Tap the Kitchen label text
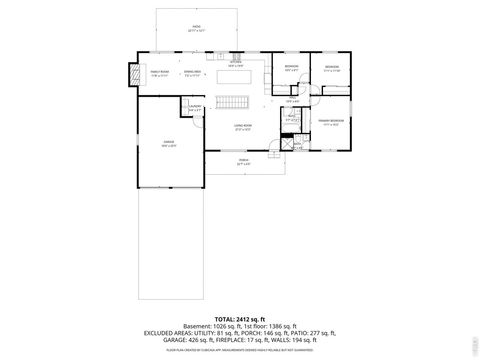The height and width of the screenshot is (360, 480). [x=235, y=63]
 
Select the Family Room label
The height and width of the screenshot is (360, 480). [x=158, y=72]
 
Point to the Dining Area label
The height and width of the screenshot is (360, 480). [x=194, y=73]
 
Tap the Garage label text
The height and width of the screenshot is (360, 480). [x=169, y=144]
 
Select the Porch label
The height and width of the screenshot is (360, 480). [x=242, y=162]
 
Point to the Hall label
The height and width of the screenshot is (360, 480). [x=291, y=100]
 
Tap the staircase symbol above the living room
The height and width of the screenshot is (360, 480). [x=234, y=104]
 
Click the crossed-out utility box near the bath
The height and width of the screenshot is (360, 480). [x=285, y=143]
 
